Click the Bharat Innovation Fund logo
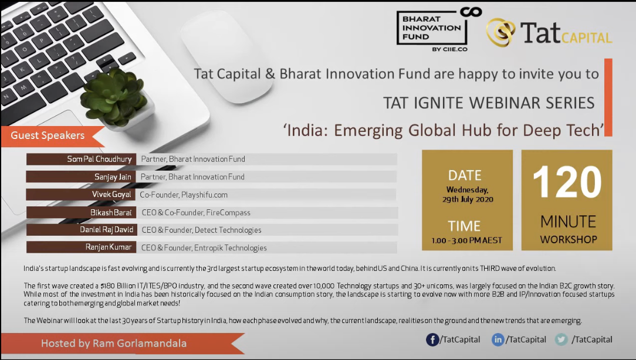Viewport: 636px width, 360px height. pyautogui.click(x=439, y=29)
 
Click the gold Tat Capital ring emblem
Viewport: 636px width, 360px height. pyautogui.click(x=500, y=32)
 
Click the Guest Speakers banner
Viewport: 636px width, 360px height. pyautogui.click(x=53, y=136)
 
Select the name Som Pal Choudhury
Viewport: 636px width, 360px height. pyautogui.click(x=99, y=159)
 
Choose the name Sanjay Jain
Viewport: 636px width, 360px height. pyautogui.click(x=113, y=176)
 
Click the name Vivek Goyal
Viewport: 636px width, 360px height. pyautogui.click(x=111, y=195)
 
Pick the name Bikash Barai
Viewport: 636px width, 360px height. pyautogui.click(x=111, y=212)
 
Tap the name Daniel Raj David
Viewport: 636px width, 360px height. pyautogui.click(x=106, y=230)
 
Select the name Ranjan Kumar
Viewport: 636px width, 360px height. pyautogui.click(x=109, y=247)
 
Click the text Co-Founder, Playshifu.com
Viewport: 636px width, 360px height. pyautogui.click(x=184, y=195)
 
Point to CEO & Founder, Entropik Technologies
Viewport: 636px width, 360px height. pyautogui.click(x=204, y=247)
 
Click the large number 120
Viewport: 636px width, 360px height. pyautogui.click(x=567, y=182)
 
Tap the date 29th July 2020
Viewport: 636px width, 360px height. pyautogui.click(x=468, y=199)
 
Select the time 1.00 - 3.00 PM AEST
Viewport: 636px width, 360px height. pyautogui.click(x=466, y=240)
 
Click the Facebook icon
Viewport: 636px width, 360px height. pyautogui.click(x=432, y=339)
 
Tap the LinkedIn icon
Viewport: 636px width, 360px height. pyautogui.click(x=498, y=339)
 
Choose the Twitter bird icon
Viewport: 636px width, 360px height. pyautogui.click(x=561, y=339)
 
